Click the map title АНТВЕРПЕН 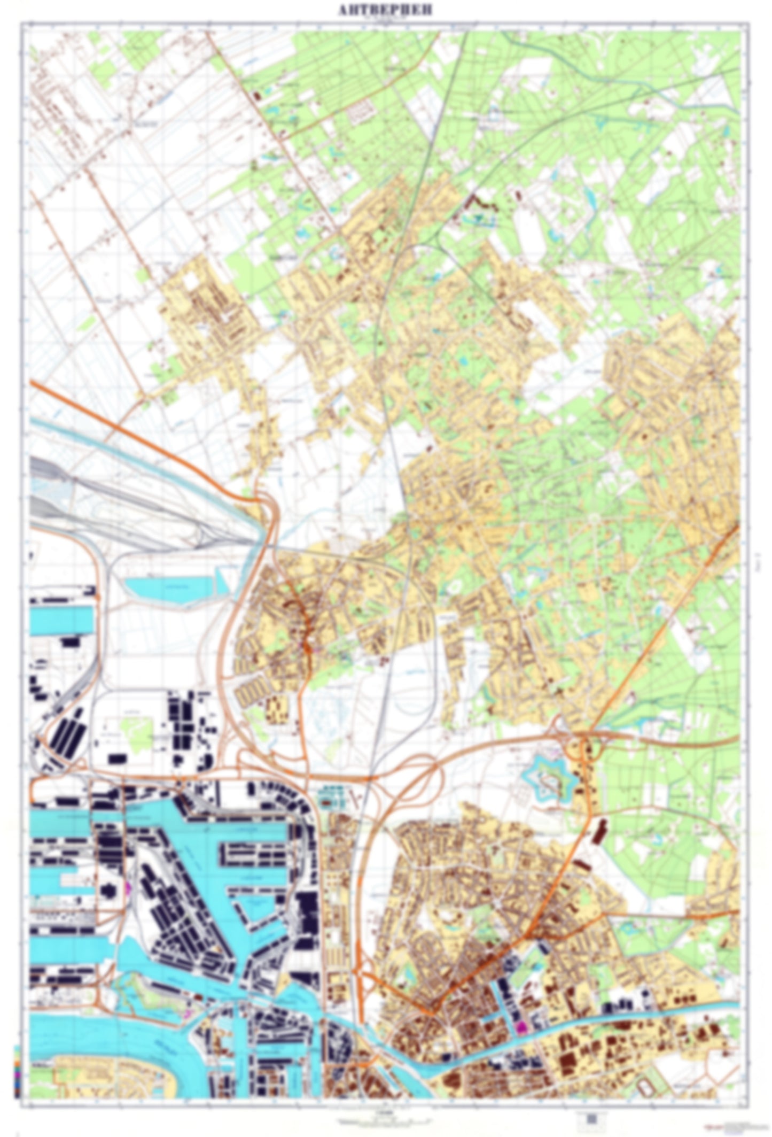pyautogui.click(x=386, y=10)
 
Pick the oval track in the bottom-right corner pyautogui.click(x=648, y=1082)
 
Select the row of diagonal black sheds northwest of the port pyautogui.click(x=67, y=735)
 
